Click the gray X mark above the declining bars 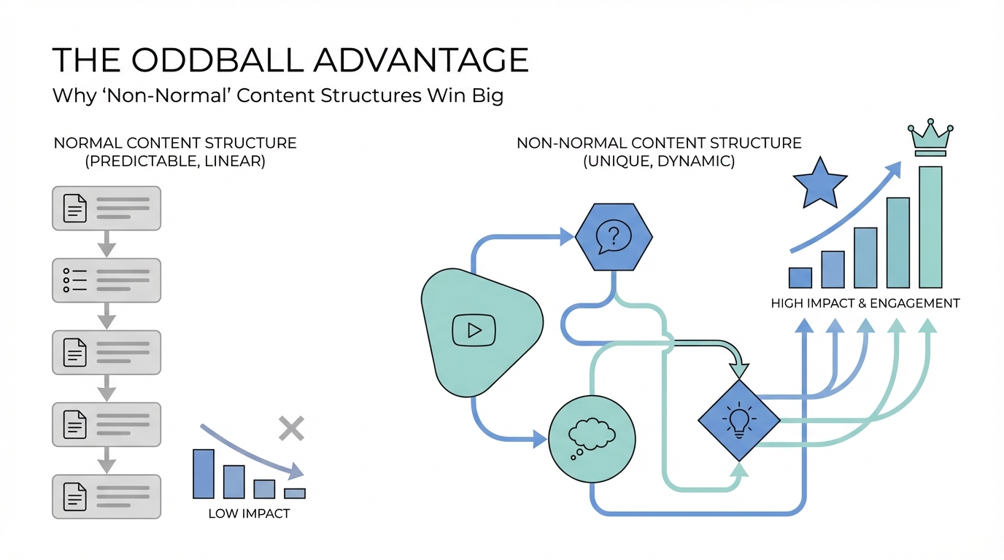291,429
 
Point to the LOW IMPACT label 249,513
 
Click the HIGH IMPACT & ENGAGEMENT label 865,303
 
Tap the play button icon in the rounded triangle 474,330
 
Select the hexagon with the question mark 614,236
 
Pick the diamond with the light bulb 738,420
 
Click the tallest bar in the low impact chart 204,473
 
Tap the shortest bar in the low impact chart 295,493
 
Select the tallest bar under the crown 930,227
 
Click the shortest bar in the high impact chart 800,278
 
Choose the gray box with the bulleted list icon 107,280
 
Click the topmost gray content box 107,209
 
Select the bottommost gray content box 107,497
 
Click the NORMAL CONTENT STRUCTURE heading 175,143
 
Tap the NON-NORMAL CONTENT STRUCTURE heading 659,143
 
